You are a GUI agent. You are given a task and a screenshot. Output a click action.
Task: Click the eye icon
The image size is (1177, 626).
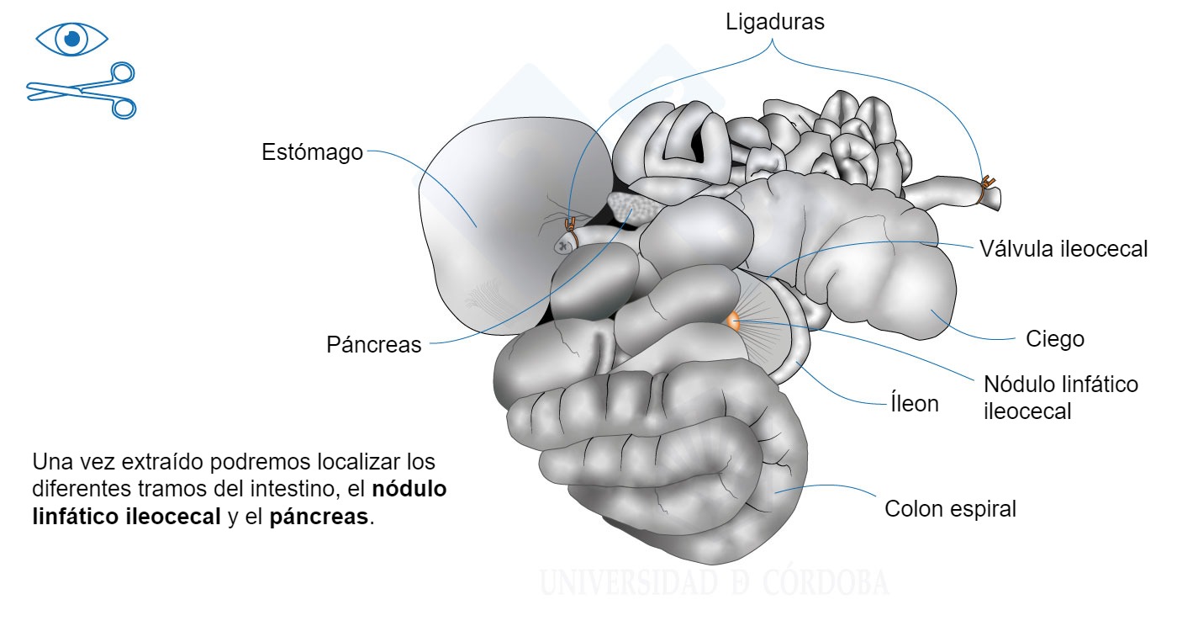click(x=71, y=38)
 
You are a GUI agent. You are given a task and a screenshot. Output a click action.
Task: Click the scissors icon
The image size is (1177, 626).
click(x=82, y=89)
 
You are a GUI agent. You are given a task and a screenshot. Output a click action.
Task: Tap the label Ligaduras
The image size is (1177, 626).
click(x=775, y=23)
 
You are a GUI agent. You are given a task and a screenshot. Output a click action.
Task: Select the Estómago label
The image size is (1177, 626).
click(x=312, y=152)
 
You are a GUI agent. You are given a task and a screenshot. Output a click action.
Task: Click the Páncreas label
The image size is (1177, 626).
click(x=373, y=345)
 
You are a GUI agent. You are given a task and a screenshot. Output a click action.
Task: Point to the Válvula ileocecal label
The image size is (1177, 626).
click(x=1063, y=249)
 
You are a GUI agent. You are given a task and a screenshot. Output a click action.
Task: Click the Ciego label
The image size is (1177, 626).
click(x=1055, y=339)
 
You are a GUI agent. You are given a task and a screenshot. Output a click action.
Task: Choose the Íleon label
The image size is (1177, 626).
click(x=914, y=403)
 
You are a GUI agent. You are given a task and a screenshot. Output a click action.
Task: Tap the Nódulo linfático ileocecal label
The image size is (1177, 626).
click(x=1060, y=397)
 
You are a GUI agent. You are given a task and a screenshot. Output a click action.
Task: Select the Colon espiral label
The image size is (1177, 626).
click(x=950, y=509)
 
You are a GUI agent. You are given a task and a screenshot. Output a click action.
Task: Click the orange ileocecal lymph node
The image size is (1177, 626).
click(x=732, y=321)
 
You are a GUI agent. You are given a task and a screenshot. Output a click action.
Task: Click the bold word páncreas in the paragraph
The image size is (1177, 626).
click(x=319, y=517)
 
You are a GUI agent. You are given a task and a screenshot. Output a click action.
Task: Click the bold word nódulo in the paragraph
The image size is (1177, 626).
click(x=409, y=489)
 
